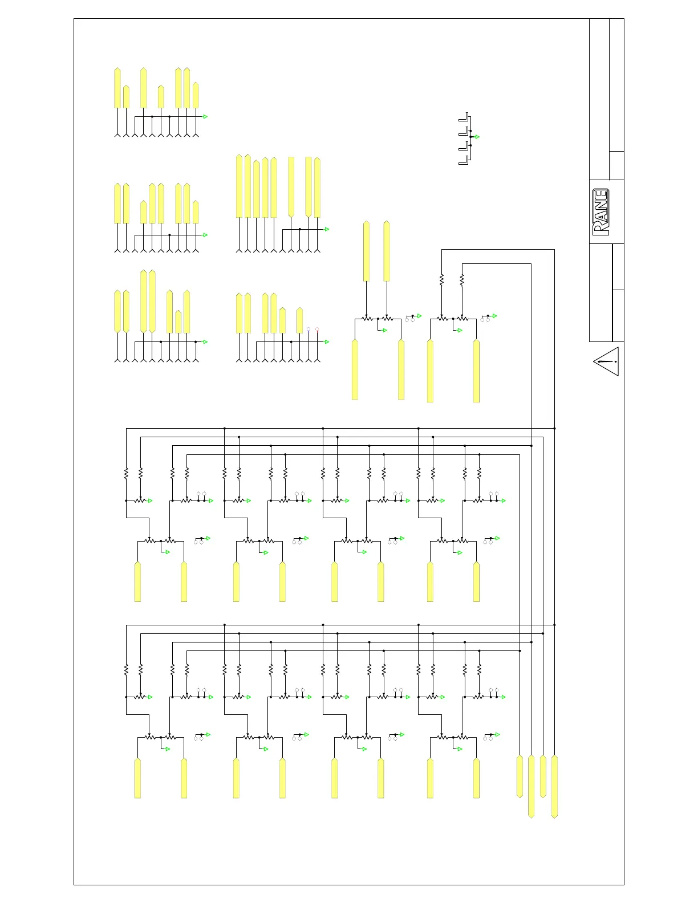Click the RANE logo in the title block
(x=601, y=211)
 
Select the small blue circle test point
(x=309, y=329)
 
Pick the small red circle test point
(x=317, y=329)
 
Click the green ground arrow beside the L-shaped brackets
(x=477, y=137)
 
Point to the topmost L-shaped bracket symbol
(x=464, y=117)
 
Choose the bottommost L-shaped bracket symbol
(x=464, y=160)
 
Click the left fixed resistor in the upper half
(x=441, y=279)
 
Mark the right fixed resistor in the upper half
(x=462, y=279)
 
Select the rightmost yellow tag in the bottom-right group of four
(x=555, y=787)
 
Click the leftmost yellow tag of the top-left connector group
(x=117, y=88)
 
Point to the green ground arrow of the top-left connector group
(x=205, y=116)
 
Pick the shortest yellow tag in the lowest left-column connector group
(x=178, y=322)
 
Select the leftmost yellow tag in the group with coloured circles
(x=239, y=313)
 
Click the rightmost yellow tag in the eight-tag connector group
(x=317, y=188)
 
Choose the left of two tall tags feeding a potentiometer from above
(x=366, y=251)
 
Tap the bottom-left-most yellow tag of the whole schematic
(x=137, y=778)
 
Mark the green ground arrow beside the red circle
(x=327, y=341)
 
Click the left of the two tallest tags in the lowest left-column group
(x=143, y=301)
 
